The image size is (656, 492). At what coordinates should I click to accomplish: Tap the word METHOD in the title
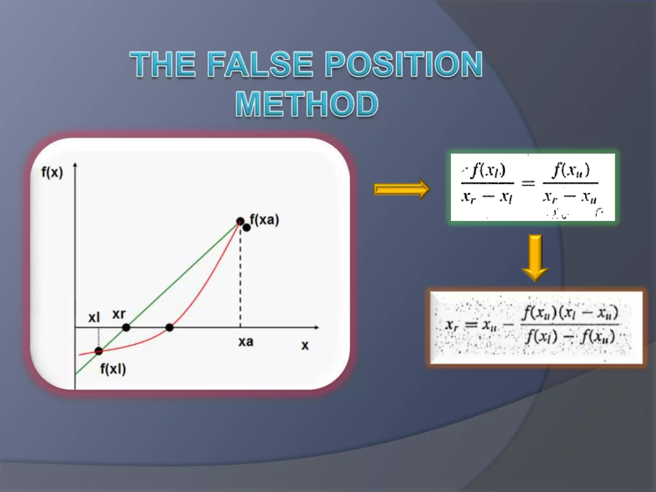click(307, 104)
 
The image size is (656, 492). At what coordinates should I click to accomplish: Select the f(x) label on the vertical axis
click(52, 173)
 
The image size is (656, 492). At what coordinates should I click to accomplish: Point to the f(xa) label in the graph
click(265, 220)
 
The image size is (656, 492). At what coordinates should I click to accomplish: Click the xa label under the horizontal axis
click(246, 342)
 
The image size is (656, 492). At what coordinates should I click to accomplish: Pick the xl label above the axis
click(94, 318)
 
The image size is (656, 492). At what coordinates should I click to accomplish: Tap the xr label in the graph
click(119, 314)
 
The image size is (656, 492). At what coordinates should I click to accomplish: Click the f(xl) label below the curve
click(113, 369)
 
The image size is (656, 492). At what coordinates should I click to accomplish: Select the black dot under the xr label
click(126, 327)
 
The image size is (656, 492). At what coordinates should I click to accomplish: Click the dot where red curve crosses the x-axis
click(169, 327)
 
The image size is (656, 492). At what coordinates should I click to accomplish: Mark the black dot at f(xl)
click(99, 351)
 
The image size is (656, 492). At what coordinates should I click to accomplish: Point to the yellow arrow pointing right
click(402, 189)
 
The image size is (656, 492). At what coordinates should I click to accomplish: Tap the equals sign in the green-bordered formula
click(528, 183)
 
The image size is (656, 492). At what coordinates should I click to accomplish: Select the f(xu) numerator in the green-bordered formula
click(571, 170)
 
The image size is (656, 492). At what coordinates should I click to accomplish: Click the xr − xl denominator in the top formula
click(487, 197)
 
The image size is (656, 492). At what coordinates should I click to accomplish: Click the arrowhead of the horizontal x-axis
click(317, 327)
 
